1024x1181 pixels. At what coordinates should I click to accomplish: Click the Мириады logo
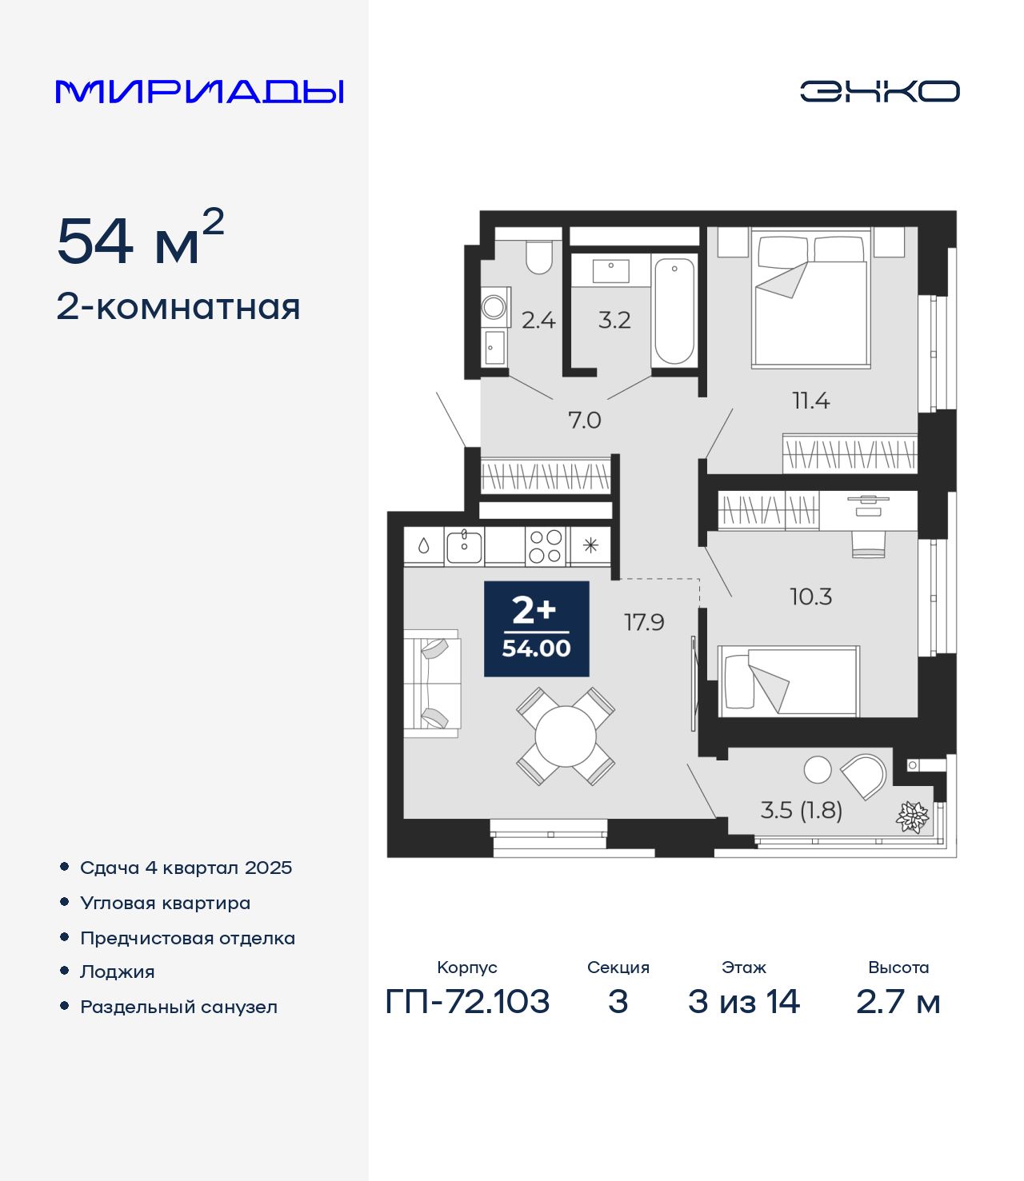pyautogui.click(x=199, y=91)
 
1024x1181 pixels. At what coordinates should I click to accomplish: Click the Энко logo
pyautogui.click(x=879, y=91)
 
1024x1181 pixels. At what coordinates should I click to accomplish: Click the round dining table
pyautogui.click(x=566, y=736)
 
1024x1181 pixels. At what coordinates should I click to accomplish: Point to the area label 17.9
pyautogui.click(x=644, y=622)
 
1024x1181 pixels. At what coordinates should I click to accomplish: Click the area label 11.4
pyautogui.click(x=810, y=401)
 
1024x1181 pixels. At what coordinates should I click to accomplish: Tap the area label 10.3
pyautogui.click(x=810, y=596)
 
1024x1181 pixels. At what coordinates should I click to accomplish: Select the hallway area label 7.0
pyautogui.click(x=584, y=420)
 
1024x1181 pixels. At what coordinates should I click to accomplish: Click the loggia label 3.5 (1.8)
pyautogui.click(x=801, y=810)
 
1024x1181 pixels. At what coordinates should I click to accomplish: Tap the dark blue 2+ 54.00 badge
pyautogui.click(x=536, y=628)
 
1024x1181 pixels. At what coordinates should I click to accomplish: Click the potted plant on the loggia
pyautogui.click(x=912, y=816)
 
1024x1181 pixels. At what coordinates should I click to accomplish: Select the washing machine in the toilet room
pyautogui.click(x=494, y=307)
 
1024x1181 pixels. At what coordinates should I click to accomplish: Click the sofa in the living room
pyautogui.click(x=432, y=684)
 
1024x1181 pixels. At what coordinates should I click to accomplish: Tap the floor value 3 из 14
pyautogui.click(x=743, y=1002)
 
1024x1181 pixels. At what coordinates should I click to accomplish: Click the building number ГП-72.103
pyautogui.click(x=468, y=1002)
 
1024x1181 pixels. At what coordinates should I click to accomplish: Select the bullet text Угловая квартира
pyautogui.click(x=166, y=903)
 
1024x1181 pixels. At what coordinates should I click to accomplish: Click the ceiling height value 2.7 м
pyautogui.click(x=898, y=1002)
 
